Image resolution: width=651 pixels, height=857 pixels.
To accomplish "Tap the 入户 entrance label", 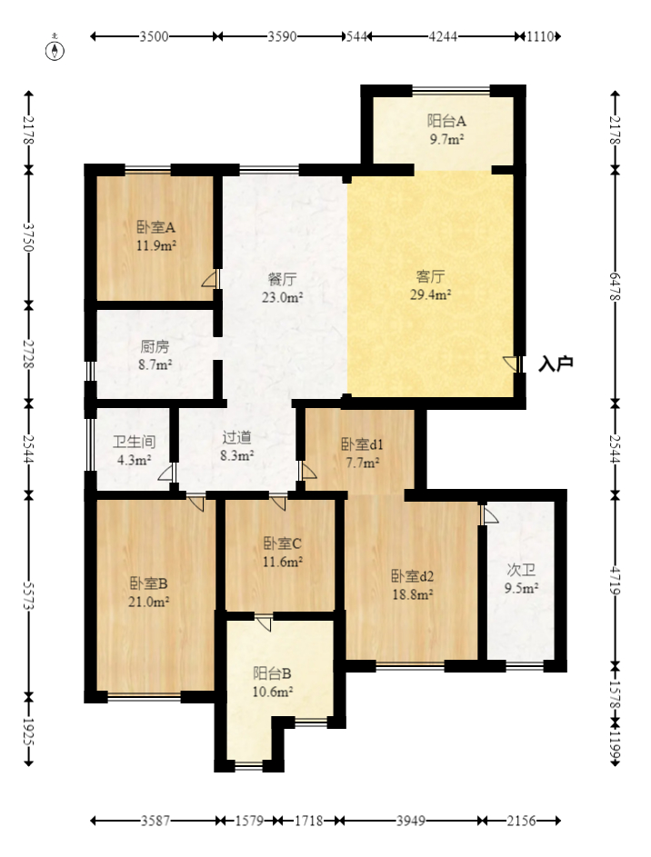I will point(556,364).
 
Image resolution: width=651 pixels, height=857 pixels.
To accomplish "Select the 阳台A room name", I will point(446,121).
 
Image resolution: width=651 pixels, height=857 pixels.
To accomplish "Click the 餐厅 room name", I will point(282,279).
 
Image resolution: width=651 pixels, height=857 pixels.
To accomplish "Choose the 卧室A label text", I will point(155,226).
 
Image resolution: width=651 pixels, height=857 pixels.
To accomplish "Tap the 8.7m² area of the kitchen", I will point(156,364).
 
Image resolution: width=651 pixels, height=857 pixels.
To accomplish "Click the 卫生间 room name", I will point(134,442).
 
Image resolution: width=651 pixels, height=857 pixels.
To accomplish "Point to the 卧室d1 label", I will point(363,444).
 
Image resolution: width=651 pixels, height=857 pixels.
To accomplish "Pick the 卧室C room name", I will point(283,543).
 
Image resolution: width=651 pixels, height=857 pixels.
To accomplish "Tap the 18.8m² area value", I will point(412,594).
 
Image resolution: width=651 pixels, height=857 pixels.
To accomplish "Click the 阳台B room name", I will point(272,673).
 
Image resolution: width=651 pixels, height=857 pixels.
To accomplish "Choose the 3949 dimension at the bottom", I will point(410,821).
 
